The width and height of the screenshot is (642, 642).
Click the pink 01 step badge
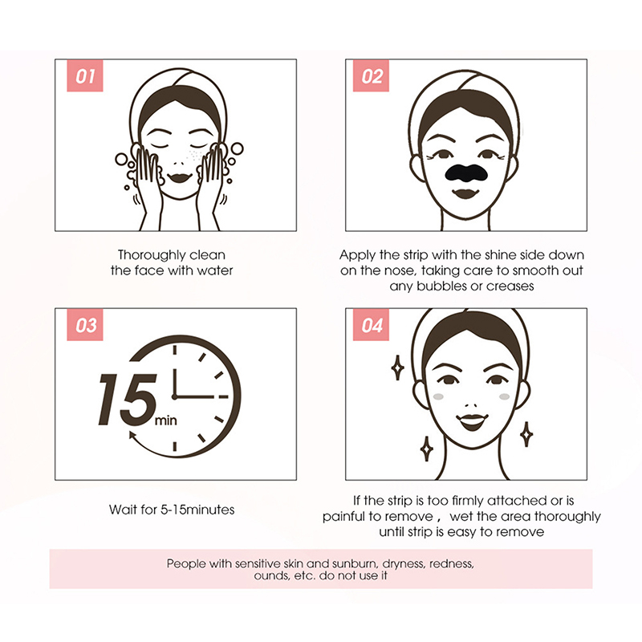pyautogui.click(x=85, y=75)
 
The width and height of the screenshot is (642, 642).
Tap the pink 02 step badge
pyautogui.click(x=371, y=75)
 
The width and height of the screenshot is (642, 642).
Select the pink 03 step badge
pyautogui.click(x=85, y=325)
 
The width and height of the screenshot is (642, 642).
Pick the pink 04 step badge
pyautogui.click(x=371, y=325)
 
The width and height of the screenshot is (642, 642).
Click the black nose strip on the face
pyautogui.click(x=466, y=173)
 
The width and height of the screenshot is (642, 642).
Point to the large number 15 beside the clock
pyautogui.click(x=128, y=400)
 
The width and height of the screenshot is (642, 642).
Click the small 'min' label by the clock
pyautogui.click(x=166, y=421)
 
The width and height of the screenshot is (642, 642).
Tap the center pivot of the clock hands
pyautogui.click(x=174, y=396)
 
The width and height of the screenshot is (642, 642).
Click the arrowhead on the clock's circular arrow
pyautogui.click(x=133, y=436)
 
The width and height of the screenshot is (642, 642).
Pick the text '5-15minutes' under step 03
pyautogui.click(x=197, y=510)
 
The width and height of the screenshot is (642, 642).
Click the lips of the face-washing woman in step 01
pyautogui.click(x=179, y=177)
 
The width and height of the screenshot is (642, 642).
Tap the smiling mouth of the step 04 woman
pyautogui.click(x=472, y=422)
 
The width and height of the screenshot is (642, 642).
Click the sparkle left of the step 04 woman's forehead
pyautogui.click(x=397, y=368)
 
